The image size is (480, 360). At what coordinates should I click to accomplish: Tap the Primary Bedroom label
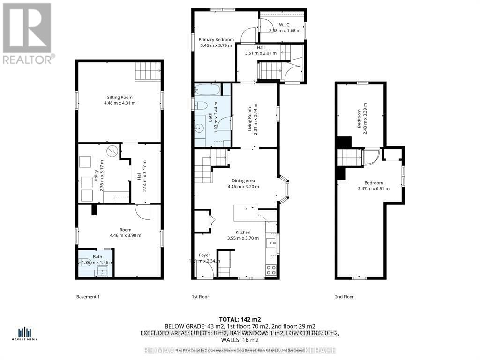216,40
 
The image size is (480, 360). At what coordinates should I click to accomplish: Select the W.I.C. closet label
285,25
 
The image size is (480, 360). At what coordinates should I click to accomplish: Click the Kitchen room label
243,232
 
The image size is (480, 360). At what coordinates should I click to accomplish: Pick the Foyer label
204,255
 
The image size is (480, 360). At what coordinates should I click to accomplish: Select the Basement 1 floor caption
88,297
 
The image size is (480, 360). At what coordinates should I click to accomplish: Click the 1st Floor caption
200,297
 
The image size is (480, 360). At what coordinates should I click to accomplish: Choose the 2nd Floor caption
345,297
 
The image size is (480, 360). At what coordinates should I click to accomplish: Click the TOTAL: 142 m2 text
240,319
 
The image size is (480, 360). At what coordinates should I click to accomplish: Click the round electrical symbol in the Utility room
112,151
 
